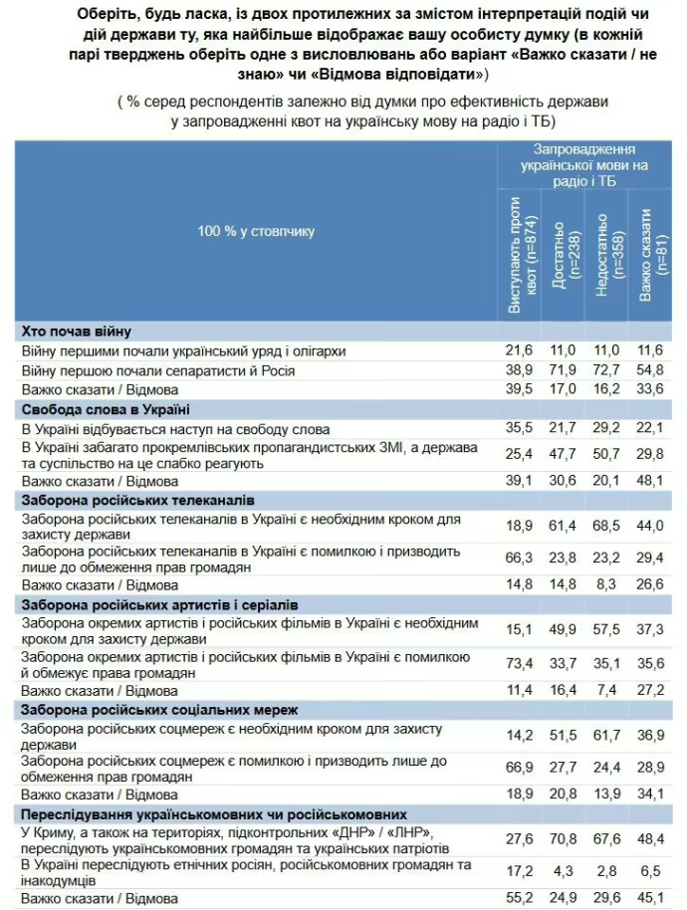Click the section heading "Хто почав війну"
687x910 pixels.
[76, 331]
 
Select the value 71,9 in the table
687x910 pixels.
[566, 369]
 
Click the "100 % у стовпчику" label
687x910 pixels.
[256, 231]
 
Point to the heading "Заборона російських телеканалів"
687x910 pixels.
[137, 499]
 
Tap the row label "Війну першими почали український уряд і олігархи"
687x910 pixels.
[184, 350]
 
